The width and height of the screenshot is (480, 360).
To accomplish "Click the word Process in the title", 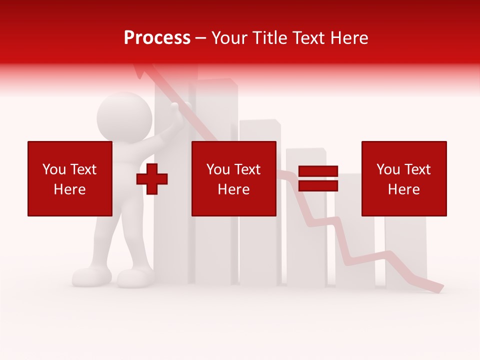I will (x=157, y=38).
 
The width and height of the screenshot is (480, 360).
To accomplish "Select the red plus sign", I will (x=152, y=179).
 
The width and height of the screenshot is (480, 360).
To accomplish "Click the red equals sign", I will (x=318, y=178).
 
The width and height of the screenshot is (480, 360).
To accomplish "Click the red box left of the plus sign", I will (x=69, y=178).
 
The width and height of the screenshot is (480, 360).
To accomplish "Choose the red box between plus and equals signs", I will (x=233, y=178).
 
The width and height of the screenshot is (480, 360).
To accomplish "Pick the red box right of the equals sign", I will (x=403, y=178).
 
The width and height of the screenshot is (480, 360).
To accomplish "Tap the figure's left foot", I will (x=91, y=276).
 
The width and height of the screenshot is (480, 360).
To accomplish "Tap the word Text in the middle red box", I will (x=247, y=169).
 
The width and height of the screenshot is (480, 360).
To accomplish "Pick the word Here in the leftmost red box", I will (x=69, y=189).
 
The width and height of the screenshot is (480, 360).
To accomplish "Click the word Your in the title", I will (x=229, y=38).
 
